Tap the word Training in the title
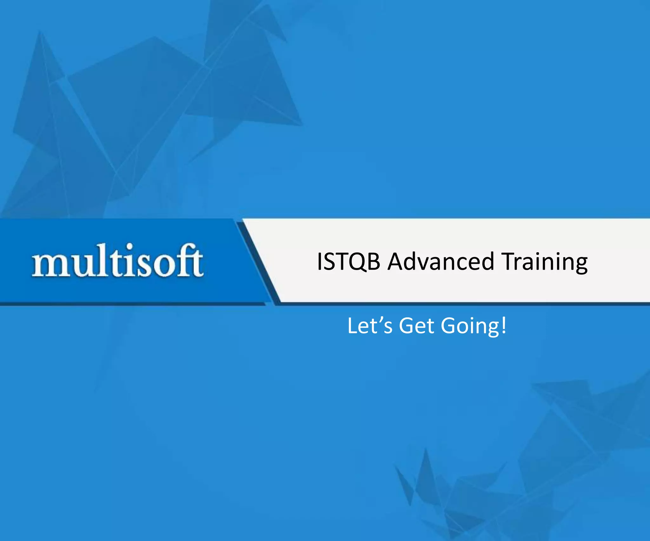[x=545, y=262]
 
